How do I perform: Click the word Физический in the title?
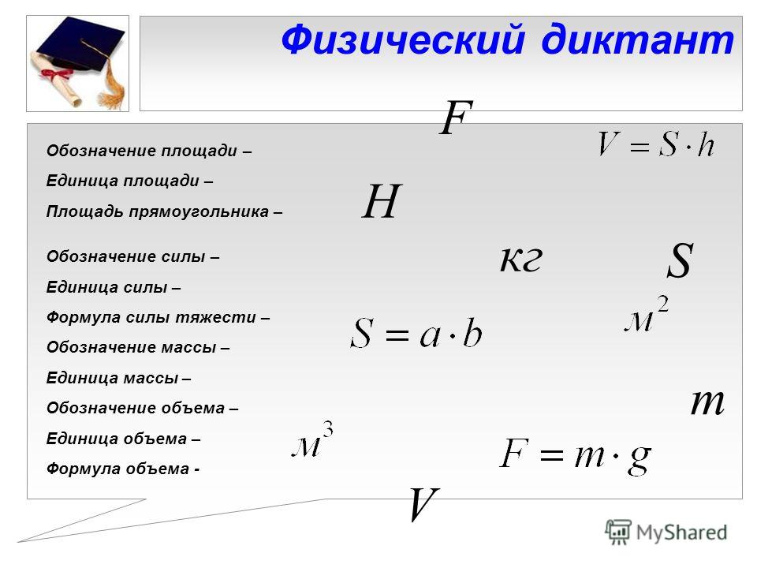point(403,39)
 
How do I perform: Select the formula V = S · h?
point(655,144)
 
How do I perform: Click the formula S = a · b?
point(416,333)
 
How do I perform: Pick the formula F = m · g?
point(575,455)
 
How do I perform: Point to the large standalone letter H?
point(382,201)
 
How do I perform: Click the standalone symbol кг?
point(521,259)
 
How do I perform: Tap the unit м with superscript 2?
point(647,315)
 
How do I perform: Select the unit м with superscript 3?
point(313,439)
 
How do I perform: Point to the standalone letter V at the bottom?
point(423,504)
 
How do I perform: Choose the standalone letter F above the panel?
point(457,117)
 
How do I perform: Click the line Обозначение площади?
point(149,151)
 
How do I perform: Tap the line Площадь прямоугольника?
point(164,211)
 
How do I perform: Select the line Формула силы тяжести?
point(158,317)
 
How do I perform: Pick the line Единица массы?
point(118,378)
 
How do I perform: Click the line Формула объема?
point(123,469)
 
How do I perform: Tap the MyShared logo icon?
point(618,532)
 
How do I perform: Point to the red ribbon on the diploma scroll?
point(54,74)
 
